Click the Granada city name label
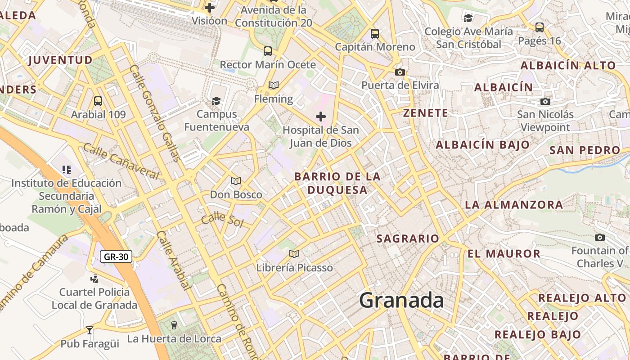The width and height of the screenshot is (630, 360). (401, 300)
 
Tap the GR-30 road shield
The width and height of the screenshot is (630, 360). (116, 257)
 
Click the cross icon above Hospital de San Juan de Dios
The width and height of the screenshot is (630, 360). (320, 117)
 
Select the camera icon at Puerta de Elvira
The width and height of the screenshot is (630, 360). (400, 72)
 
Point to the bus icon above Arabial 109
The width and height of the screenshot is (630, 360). (98, 101)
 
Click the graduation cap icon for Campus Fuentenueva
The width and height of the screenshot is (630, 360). (216, 101)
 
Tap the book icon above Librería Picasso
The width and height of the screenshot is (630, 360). (294, 254)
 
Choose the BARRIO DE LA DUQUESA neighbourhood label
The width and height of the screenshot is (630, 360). (337, 183)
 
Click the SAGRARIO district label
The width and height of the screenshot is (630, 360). (408, 238)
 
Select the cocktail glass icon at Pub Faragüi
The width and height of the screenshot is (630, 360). (90, 330)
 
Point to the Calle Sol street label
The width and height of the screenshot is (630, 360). (222, 220)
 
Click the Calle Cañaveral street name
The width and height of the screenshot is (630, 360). (121, 161)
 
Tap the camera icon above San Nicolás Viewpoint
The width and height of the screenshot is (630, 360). (545, 101)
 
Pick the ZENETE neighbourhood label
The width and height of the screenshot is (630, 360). (426, 113)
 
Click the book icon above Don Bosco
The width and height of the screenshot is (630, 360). (236, 181)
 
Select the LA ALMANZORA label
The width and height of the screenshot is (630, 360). (514, 205)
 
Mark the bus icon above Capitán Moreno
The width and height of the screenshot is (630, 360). (375, 34)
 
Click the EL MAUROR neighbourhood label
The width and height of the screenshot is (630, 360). (504, 253)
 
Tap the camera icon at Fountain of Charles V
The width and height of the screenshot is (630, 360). (599, 237)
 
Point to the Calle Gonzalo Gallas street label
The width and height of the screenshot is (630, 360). (155, 112)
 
